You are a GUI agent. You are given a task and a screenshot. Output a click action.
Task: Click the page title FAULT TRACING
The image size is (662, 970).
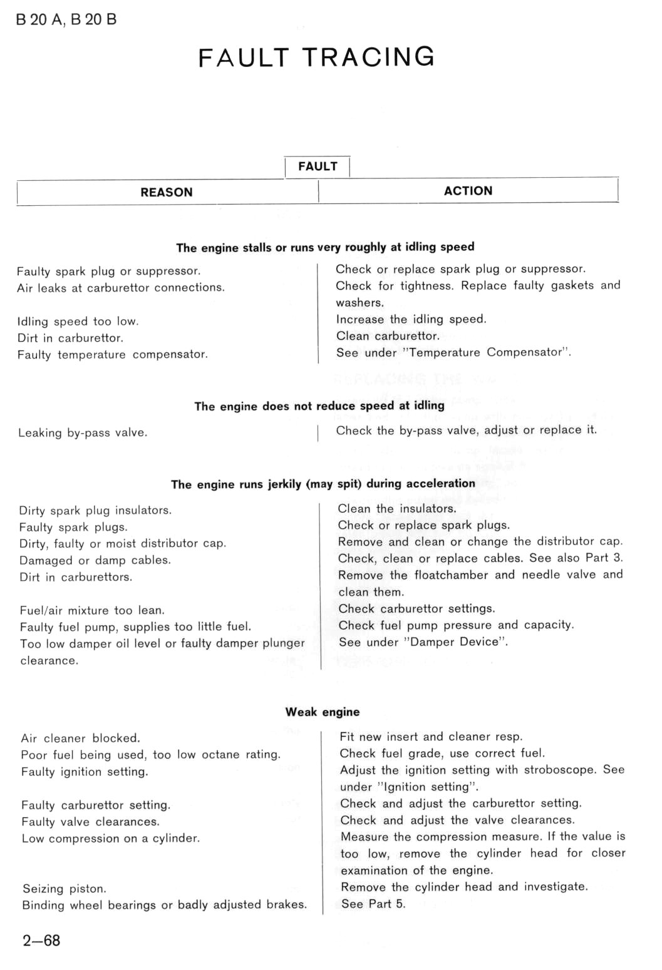click(316, 58)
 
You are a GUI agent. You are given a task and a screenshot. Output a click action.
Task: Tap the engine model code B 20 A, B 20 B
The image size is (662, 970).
click(66, 20)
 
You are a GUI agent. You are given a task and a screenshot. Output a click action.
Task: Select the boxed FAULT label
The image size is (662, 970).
click(318, 166)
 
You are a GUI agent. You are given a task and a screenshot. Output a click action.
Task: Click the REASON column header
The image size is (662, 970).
click(167, 192)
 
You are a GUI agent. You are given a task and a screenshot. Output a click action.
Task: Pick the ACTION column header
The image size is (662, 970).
click(468, 191)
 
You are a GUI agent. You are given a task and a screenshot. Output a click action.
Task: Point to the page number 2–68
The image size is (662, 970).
click(41, 941)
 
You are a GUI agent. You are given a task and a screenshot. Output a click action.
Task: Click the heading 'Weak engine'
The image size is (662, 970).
click(323, 712)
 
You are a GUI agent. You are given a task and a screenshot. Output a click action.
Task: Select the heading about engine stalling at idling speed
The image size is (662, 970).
click(325, 247)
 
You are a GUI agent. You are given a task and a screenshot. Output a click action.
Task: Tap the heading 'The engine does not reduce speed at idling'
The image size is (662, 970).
click(319, 406)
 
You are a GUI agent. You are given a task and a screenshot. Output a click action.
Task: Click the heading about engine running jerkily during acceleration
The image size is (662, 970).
click(323, 484)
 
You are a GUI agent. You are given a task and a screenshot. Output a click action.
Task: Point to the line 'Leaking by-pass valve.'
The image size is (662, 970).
click(83, 432)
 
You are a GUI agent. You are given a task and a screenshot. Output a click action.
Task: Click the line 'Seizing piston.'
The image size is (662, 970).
click(65, 889)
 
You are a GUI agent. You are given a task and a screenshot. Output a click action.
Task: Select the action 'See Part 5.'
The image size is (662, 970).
click(373, 904)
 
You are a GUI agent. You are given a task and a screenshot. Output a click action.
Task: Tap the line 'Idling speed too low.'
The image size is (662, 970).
click(78, 322)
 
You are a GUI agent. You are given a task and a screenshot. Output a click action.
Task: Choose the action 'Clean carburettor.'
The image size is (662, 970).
click(388, 336)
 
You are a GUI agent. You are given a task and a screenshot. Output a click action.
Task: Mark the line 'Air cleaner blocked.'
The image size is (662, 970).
click(80, 738)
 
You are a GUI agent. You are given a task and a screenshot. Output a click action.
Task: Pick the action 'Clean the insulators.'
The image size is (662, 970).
click(397, 509)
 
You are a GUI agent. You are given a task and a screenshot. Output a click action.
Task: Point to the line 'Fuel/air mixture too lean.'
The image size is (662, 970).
click(92, 610)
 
